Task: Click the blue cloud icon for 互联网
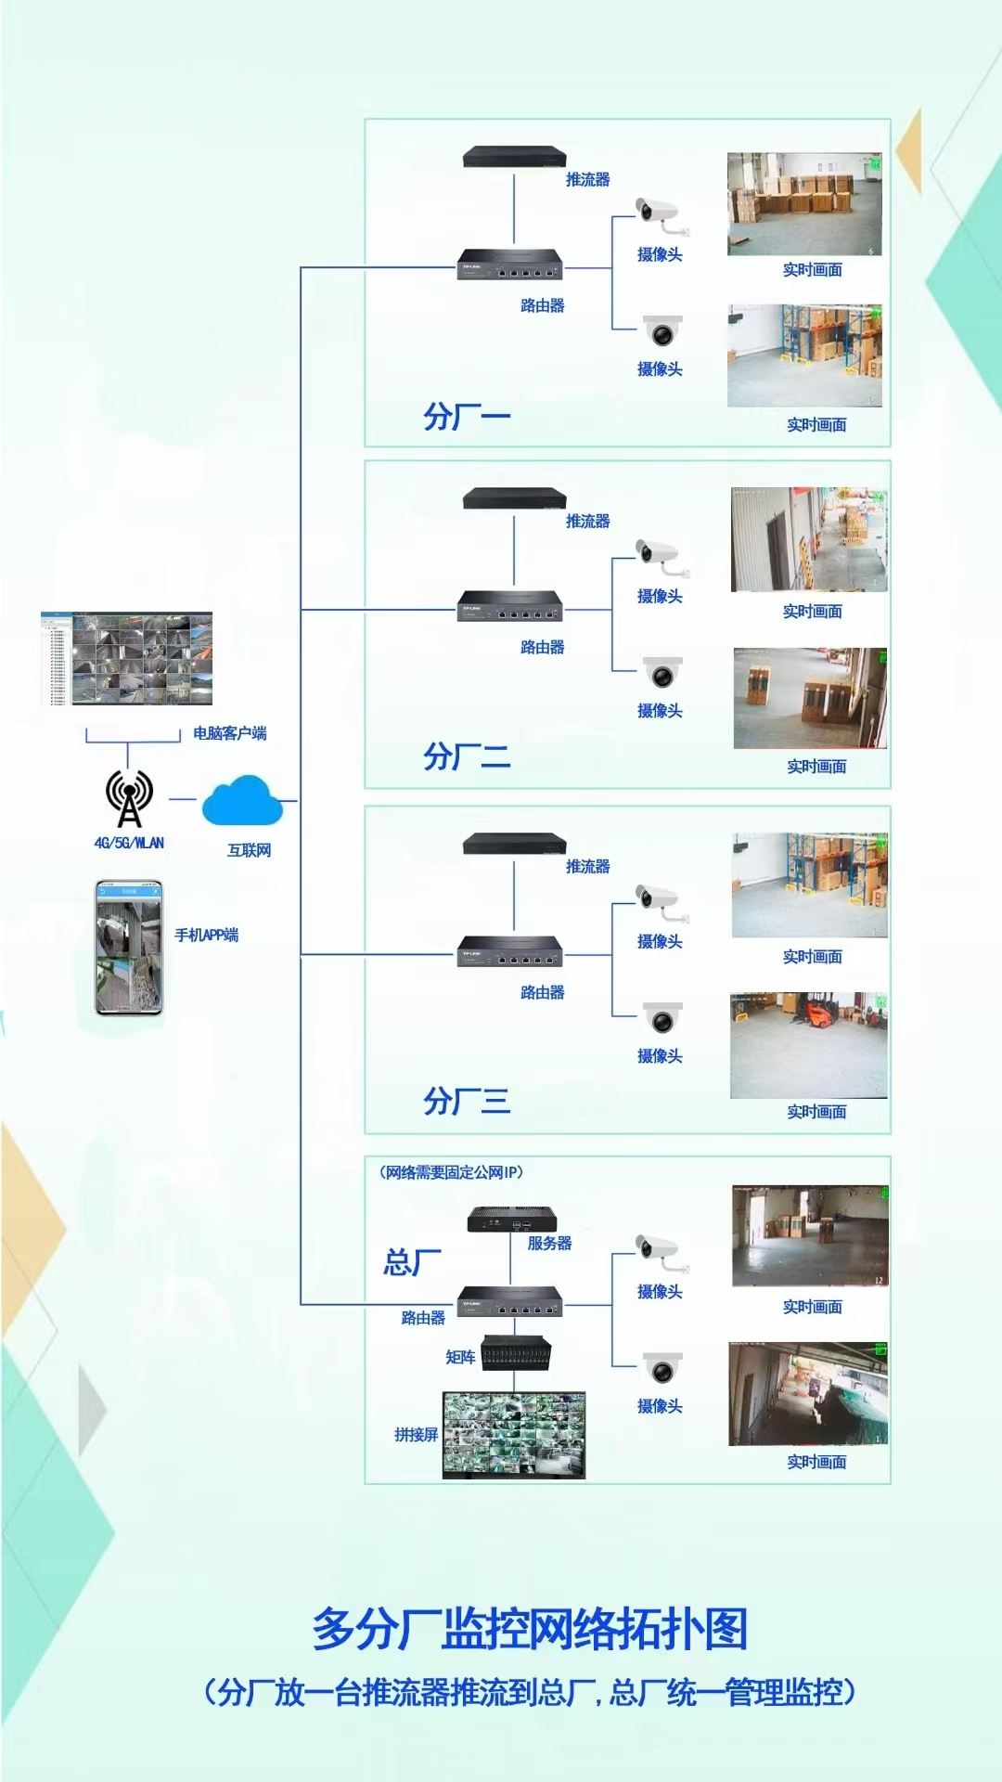[242, 800]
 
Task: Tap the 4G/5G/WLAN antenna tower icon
[129, 798]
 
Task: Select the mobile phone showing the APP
[129, 948]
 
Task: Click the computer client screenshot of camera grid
[127, 658]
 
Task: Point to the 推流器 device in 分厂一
[514, 157]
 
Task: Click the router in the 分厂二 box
[510, 606]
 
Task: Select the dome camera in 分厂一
[662, 330]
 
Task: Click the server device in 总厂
[512, 1219]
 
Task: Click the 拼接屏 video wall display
[514, 1434]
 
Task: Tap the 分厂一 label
[467, 417]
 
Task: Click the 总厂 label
[413, 1262]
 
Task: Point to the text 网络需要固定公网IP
[451, 1172]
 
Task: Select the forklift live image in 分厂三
[809, 1045]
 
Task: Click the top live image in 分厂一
[804, 204]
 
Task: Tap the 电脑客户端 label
[230, 733]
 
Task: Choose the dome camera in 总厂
[662, 1368]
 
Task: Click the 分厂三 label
[467, 1102]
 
